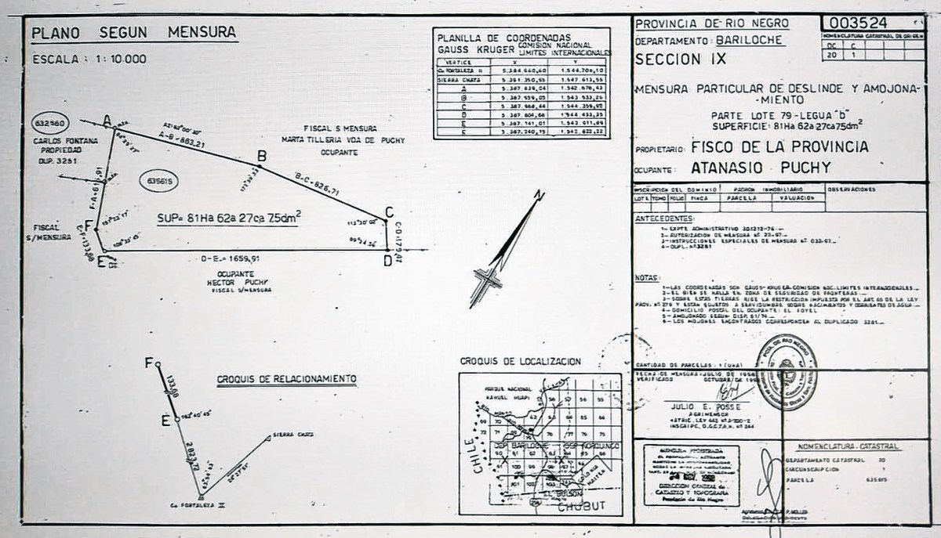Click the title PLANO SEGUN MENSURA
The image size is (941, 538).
(133, 33)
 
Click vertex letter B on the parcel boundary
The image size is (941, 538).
(262, 156)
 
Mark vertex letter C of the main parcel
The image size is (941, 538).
(388, 211)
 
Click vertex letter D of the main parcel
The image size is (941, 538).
(387, 261)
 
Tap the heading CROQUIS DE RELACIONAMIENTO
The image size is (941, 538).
(286, 379)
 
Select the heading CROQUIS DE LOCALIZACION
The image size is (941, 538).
(520, 362)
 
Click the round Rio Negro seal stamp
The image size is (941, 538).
(787, 372)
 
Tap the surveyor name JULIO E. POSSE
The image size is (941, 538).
(701, 406)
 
